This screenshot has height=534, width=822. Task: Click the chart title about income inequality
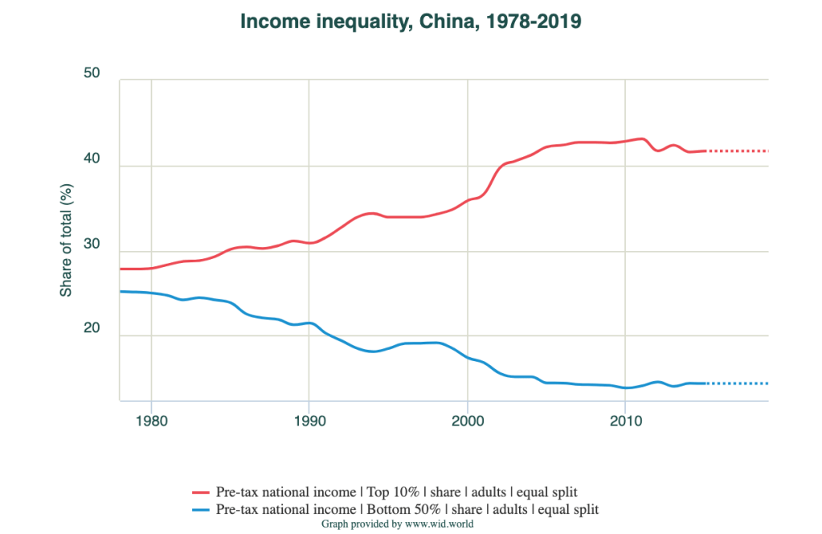411,23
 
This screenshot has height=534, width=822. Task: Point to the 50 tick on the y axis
92,74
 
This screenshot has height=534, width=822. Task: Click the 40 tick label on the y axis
92,160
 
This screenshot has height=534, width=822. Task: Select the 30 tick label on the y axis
92,245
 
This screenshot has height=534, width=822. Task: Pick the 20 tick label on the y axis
92,330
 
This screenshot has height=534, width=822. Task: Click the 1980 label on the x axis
151,420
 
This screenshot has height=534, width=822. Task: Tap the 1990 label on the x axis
309,420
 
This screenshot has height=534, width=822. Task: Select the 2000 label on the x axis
468,420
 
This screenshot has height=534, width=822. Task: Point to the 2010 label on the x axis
625,420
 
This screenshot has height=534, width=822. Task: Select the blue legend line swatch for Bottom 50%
201,510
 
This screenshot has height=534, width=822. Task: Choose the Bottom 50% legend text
407,510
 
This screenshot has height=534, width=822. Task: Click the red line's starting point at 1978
121,269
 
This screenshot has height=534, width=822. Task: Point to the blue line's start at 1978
121,291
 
